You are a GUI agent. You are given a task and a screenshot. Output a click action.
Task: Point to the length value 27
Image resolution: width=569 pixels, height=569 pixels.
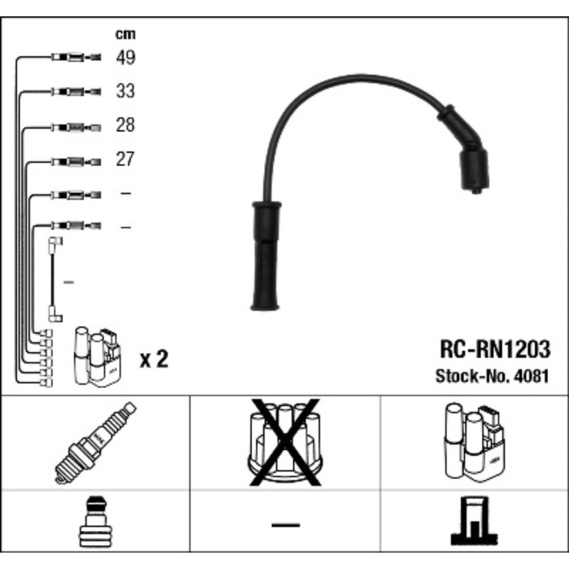124,159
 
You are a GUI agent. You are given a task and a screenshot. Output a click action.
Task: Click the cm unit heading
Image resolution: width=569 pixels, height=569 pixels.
124,34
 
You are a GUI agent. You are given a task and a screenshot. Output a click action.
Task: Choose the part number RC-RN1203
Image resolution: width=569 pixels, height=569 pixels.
494,350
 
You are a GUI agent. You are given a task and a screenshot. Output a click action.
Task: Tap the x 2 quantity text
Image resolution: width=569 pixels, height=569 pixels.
154,358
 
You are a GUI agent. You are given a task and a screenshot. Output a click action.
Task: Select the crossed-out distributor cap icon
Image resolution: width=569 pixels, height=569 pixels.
284,441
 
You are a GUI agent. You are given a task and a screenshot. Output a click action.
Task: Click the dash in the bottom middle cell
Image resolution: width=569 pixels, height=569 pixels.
284,525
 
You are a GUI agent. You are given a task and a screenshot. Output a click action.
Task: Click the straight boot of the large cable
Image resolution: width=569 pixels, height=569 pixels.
265,256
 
